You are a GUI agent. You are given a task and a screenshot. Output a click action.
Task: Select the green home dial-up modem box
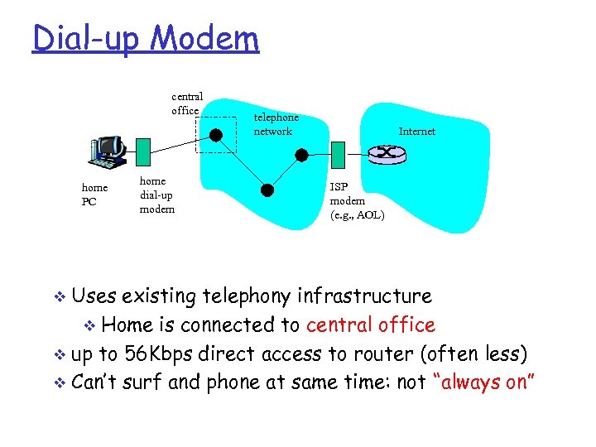pos(143,151)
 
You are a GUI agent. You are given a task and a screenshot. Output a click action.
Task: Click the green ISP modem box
pos(338,153)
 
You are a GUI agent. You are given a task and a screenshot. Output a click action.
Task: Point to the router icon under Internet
pos(384,153)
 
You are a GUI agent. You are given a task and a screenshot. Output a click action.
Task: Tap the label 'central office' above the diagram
pos(186,103)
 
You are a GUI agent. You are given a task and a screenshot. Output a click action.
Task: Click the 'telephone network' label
pos(276,124)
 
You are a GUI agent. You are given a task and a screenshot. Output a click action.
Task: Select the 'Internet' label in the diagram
pos(416,132)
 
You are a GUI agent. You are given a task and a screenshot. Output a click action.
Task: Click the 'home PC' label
pos(94,195)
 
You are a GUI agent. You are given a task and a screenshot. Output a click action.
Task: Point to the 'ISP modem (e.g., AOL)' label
pos(357,201)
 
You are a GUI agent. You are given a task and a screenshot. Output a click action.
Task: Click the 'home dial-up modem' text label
pos(156,195)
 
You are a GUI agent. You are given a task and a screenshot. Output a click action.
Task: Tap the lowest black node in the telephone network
pos(267,189)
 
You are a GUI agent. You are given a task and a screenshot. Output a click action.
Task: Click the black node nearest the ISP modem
pos(302,155)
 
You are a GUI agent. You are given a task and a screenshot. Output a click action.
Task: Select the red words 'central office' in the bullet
pos(370,325)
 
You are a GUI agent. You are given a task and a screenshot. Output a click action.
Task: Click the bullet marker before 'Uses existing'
pos(57,297)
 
